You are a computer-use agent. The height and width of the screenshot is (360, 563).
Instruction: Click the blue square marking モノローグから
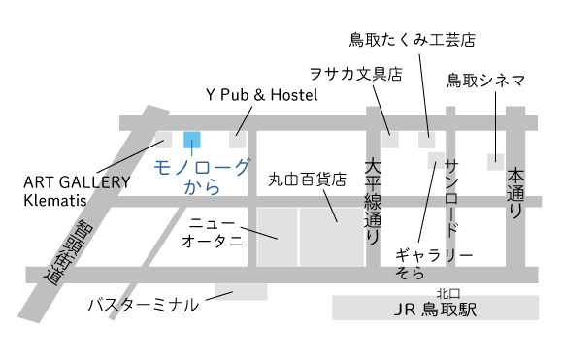tap(192, 140)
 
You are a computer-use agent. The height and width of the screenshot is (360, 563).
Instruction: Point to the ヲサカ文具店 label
tap(355, 74)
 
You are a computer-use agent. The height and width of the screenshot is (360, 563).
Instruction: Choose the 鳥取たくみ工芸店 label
tap(413, 40)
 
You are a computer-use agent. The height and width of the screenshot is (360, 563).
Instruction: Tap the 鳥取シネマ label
tap(486, 81)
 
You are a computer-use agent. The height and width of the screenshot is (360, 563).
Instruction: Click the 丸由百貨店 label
tap(308, 180)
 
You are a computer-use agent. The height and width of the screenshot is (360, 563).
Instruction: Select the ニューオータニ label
tap(212, 233)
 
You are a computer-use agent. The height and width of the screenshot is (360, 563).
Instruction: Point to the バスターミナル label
tap(144, 305)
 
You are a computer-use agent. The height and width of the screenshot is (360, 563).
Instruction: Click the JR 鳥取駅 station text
tap(436, 311)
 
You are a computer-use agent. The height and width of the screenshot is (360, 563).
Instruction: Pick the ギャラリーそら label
tap(432, 264)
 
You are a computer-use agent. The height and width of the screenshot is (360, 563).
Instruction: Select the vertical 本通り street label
tap(515, 194)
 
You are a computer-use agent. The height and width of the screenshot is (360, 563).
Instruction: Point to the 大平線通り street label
tap(374, 200)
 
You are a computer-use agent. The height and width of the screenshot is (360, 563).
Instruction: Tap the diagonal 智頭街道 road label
tap(66, 251)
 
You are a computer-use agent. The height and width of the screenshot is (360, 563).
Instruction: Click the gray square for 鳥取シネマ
tap(496, 161)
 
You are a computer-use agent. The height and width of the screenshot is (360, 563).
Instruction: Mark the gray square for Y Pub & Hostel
tap(238, 140)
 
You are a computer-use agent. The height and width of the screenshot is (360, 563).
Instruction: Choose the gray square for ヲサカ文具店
tap(390, 140)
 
